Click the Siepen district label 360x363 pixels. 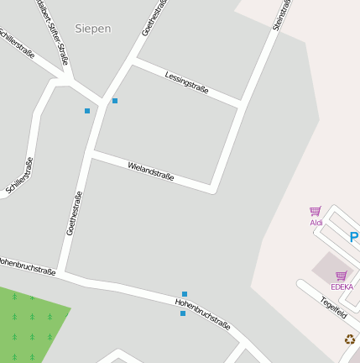(92, 29)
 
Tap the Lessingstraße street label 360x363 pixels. (186, 82)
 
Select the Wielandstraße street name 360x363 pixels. (151, 171)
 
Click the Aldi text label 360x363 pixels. (316, 223)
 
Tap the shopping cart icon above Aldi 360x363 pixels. (316, 212)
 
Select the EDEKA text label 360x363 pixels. (342, 287)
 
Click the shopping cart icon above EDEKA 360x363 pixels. (341, 276)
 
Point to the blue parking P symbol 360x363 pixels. (354, 238)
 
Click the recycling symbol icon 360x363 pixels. (349, 339)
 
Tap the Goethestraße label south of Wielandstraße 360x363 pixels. (75, 213)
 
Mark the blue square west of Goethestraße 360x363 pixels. (87, 110)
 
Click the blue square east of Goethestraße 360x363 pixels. (115, 101)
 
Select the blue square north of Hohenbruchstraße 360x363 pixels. (185, 294)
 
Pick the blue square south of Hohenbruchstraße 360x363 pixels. (183, 313)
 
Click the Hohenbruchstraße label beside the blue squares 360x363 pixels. (203, 313)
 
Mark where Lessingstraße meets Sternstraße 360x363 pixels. (242, 104)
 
